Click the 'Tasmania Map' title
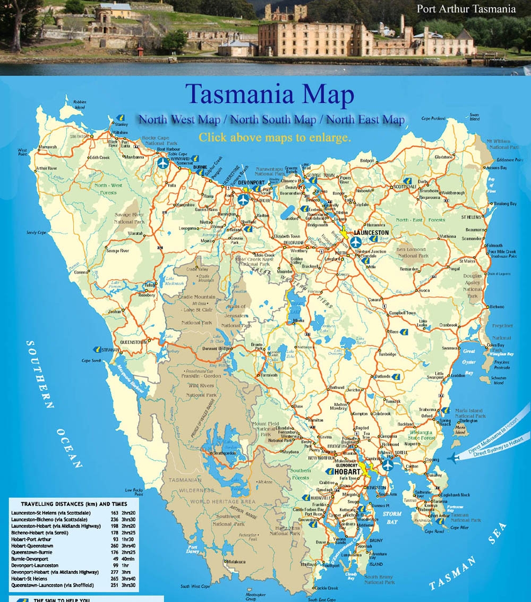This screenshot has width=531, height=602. (269, 95)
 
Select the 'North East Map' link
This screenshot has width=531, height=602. (365, 120)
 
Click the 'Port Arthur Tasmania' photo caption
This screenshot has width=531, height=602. (466, 9)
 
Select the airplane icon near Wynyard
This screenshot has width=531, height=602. (163, 163)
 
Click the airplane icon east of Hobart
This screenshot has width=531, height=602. (388, 465)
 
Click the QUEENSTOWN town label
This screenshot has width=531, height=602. (133, 342)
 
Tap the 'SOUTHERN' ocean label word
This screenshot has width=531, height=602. (39, 374)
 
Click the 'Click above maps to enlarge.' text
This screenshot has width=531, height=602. (275, 137)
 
